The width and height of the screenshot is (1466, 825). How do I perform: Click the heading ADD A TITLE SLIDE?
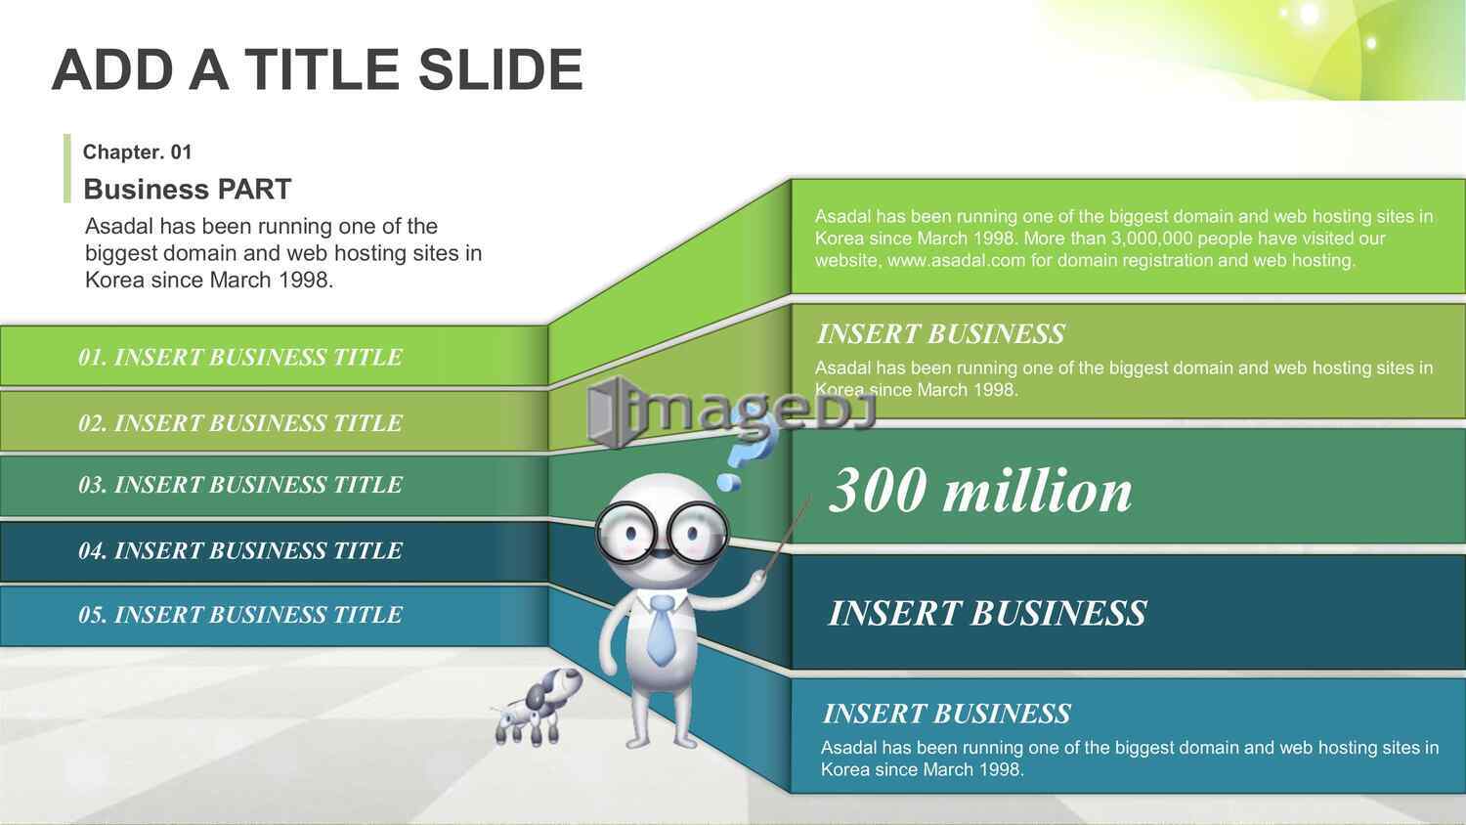(318, 69)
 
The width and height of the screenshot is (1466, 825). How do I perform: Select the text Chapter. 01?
(138, 152)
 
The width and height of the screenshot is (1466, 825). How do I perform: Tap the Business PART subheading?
(188, 190)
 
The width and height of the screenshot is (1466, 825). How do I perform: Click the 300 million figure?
(979, 491)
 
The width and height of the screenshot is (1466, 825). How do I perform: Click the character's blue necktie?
(661, 630)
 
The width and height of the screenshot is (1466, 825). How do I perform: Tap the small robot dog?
(538, 707)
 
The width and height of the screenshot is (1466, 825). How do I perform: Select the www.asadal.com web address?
(956, 261)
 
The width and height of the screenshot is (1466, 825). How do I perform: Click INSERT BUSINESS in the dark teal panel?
(987, 614)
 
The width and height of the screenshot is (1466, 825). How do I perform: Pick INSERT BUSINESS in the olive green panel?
(940, 334)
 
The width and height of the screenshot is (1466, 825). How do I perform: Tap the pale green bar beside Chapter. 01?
(66, 168)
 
